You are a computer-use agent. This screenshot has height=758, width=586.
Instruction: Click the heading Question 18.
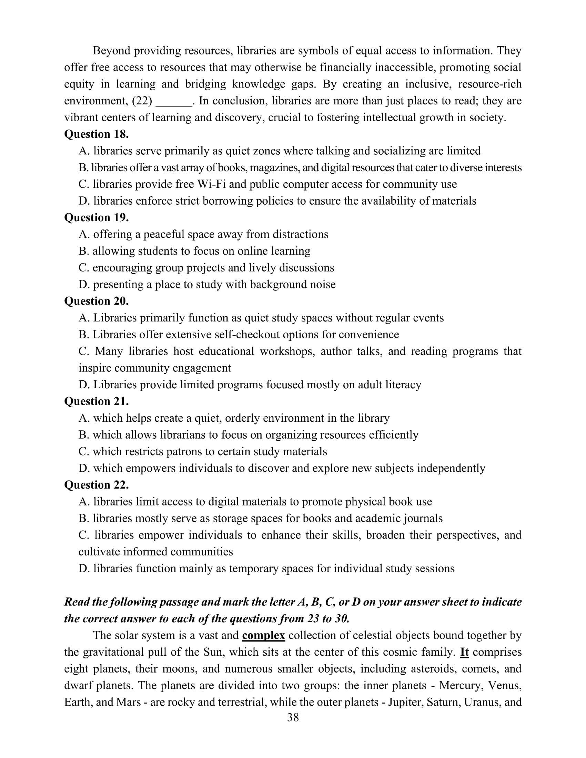(x=97, y=134)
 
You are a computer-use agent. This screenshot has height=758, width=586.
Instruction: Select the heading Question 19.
(x=97, y=218)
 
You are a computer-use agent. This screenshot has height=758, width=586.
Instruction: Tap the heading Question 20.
(x=97, y=301)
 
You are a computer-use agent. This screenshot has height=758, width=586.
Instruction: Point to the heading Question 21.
(x=97, y=401)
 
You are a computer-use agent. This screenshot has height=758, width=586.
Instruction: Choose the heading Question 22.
(x=97, y=485)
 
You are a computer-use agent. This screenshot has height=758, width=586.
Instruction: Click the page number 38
(x=293, y=717)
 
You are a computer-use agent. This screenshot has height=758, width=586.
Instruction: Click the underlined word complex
(x=263, y=635)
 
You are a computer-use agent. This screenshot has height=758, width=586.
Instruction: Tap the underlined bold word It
(x=464, y=652)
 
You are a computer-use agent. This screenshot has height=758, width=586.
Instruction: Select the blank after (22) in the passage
(x=174, y=101)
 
